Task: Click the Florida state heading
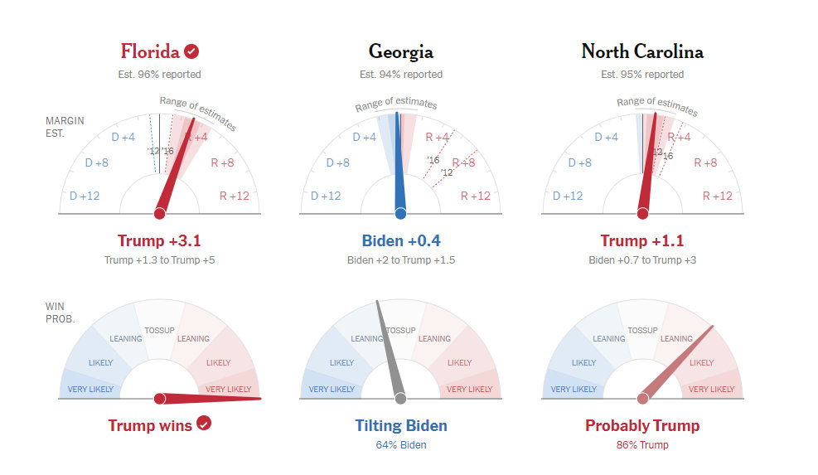point(150,51)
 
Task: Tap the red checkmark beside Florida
point(191,51)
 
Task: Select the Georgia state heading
point(400,52)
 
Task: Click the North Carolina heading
point(642,51)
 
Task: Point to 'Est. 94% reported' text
point(400,75)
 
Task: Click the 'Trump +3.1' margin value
point(159,240)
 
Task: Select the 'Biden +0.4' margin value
point(400,240)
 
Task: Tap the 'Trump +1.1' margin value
point(642,240)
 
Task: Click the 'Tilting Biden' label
point(400,425)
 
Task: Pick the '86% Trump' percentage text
point(642,444)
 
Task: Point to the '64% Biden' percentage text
point(400,444)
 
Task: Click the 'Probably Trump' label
point(642,425)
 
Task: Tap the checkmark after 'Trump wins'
point(204,424)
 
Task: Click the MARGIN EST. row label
point(65,127)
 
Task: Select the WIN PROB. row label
point(60,313)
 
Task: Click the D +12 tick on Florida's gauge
point(85,196)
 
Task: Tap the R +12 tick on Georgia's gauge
point(475,196)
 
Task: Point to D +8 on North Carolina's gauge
point(579,162)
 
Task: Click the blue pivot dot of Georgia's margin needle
point(400,214)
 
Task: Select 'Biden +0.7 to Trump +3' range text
point(642,260)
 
